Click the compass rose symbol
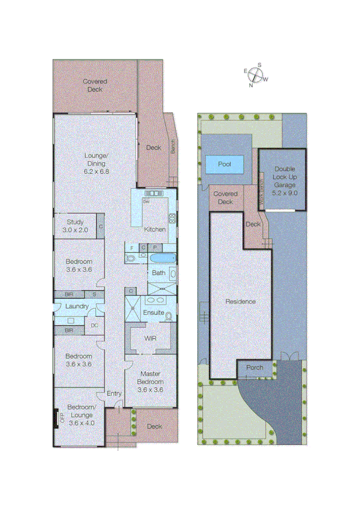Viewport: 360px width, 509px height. click(256, 75)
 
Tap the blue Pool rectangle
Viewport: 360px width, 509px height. click(225, 164)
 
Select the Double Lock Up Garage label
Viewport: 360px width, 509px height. click(285, 181)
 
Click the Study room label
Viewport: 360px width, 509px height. click(76, 225)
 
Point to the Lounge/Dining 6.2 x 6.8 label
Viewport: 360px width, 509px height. click(95, 163)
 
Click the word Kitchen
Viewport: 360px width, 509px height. click(154, 230)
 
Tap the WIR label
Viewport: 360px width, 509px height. click(150, 338)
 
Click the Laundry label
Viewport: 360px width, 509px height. click(77, 306)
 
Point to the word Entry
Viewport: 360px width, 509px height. click(114, 393)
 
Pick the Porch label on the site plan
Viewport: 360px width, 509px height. click(255, 368)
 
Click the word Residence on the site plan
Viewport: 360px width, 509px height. click(240, 302)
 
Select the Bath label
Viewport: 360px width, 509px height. click(158, 273)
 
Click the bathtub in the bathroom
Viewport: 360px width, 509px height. click(161, 258)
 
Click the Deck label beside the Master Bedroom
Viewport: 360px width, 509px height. click(154, 427)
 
